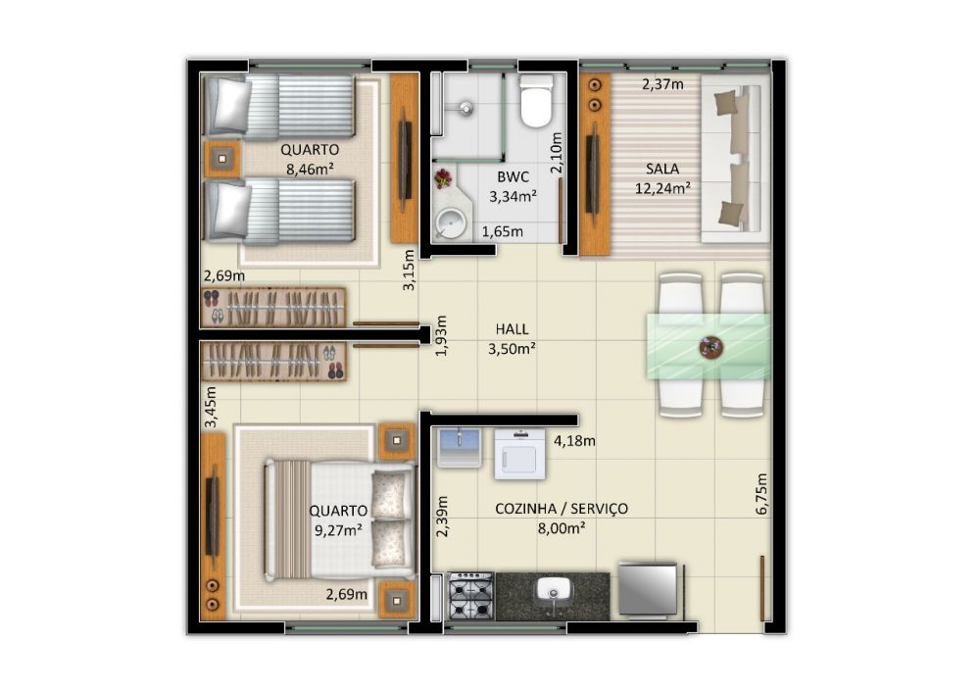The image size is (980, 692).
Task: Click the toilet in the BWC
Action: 537,100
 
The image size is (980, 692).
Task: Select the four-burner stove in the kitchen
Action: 471,596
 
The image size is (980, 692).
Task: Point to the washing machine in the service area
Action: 520,454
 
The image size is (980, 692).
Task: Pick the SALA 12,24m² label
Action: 662,178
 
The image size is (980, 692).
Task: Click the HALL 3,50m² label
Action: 512,339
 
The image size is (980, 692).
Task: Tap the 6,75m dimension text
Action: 761,494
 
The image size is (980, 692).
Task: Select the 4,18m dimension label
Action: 574,441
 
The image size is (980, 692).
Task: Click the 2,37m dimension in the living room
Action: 662,83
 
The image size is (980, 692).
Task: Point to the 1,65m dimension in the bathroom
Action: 503,232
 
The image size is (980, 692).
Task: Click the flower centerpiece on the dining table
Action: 711,347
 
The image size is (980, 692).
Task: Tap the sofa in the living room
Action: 736,159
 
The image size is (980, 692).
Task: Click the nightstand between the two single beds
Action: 221,160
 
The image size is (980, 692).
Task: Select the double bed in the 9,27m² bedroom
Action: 339,519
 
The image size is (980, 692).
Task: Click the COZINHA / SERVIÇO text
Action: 562,509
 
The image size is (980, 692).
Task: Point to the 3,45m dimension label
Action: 211,407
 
